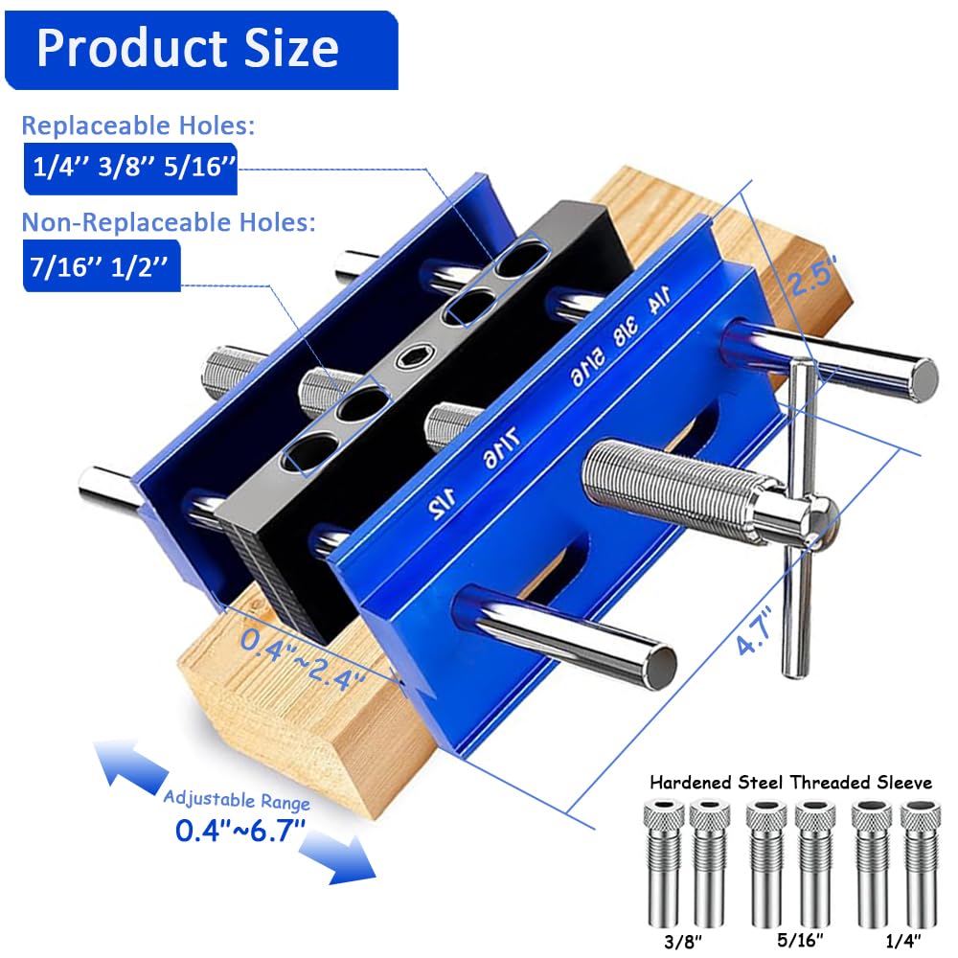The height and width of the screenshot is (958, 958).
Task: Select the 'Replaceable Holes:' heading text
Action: coord(138,125)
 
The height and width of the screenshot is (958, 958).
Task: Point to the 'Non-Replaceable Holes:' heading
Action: coord(169,223)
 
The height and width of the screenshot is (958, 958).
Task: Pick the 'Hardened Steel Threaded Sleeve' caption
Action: coord(790,782)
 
